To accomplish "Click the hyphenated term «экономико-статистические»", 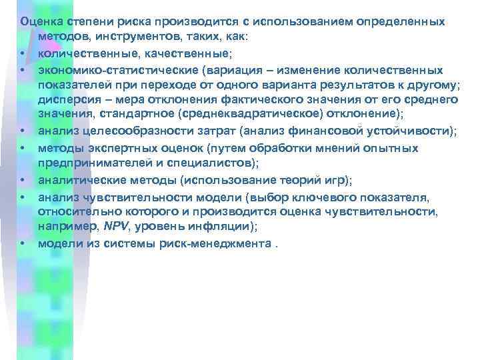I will tap(117, 70).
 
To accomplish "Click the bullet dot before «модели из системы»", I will tap(23, 243).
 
